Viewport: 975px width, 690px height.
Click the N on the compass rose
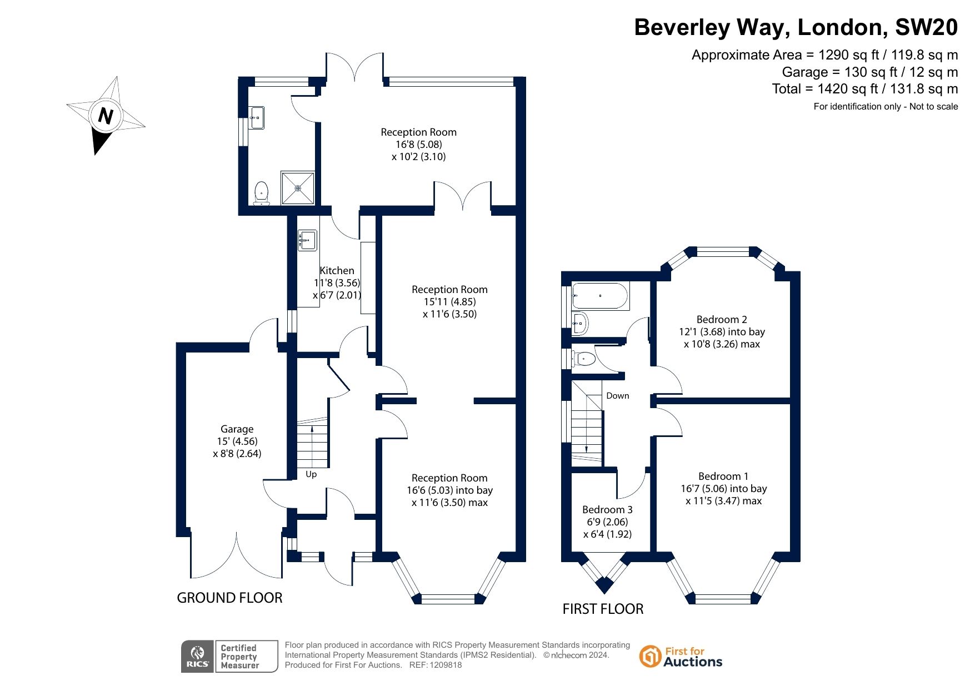coord(106,116)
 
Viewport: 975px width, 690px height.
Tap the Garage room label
coord(237,429)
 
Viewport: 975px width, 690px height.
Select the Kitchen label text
coord(337,271)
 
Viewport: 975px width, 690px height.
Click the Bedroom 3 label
coord(607,510)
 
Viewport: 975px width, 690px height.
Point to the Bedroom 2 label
coord(722,320)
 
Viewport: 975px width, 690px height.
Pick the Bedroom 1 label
coord(723,476)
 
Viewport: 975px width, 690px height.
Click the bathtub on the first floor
coord(601,296)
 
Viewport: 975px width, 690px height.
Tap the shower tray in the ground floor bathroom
coord(298,188)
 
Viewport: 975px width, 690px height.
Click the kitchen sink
coord(307,241)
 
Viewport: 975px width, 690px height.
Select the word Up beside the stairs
coord(311,474)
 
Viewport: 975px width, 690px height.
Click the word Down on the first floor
coord(618,396)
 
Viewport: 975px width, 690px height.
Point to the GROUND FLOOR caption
coord(229,598)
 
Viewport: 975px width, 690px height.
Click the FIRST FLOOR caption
coord(603,609)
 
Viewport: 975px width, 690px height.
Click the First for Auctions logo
coord(681,657)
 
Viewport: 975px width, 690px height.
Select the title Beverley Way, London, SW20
coord(796,27)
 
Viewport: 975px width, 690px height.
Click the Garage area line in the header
coord(870,72)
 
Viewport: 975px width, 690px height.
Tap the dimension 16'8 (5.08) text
coord(419,145)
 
